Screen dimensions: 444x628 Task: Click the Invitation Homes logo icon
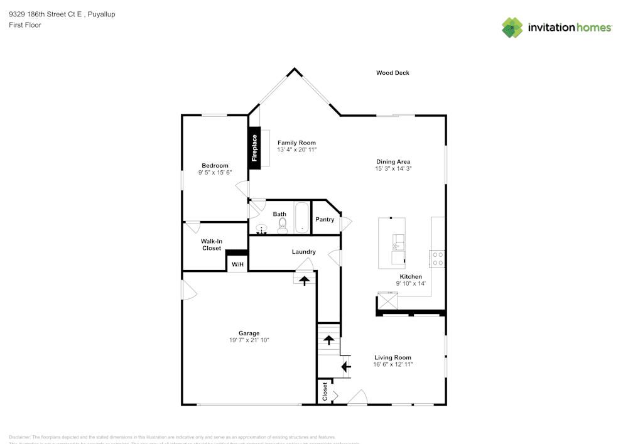click(512, 28)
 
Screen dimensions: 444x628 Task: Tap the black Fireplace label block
click(254, 149)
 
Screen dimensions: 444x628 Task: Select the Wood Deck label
click(392, 73)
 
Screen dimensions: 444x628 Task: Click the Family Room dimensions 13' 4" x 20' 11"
click(297, 151)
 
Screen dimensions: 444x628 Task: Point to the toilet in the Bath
click(282, 224)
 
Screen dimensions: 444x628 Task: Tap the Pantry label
click(325, 220)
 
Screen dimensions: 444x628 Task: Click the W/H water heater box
click(237, 264)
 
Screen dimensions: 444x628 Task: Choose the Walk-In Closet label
click(211, 245)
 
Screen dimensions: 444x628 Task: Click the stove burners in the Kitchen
click(437, 259)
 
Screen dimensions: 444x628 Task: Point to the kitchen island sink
click(398, 241)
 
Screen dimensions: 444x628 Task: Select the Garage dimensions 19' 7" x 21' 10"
click(249, 340)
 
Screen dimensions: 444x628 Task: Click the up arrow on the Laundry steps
click(305, 280)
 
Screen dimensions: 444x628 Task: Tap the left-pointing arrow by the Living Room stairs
click(345, 366)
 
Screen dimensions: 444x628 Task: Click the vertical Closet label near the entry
click(325, 392)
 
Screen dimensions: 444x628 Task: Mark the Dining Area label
click(393, 161)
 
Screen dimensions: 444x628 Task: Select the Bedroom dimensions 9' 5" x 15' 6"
click(214, 173)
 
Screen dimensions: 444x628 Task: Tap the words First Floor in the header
click(25, 25)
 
